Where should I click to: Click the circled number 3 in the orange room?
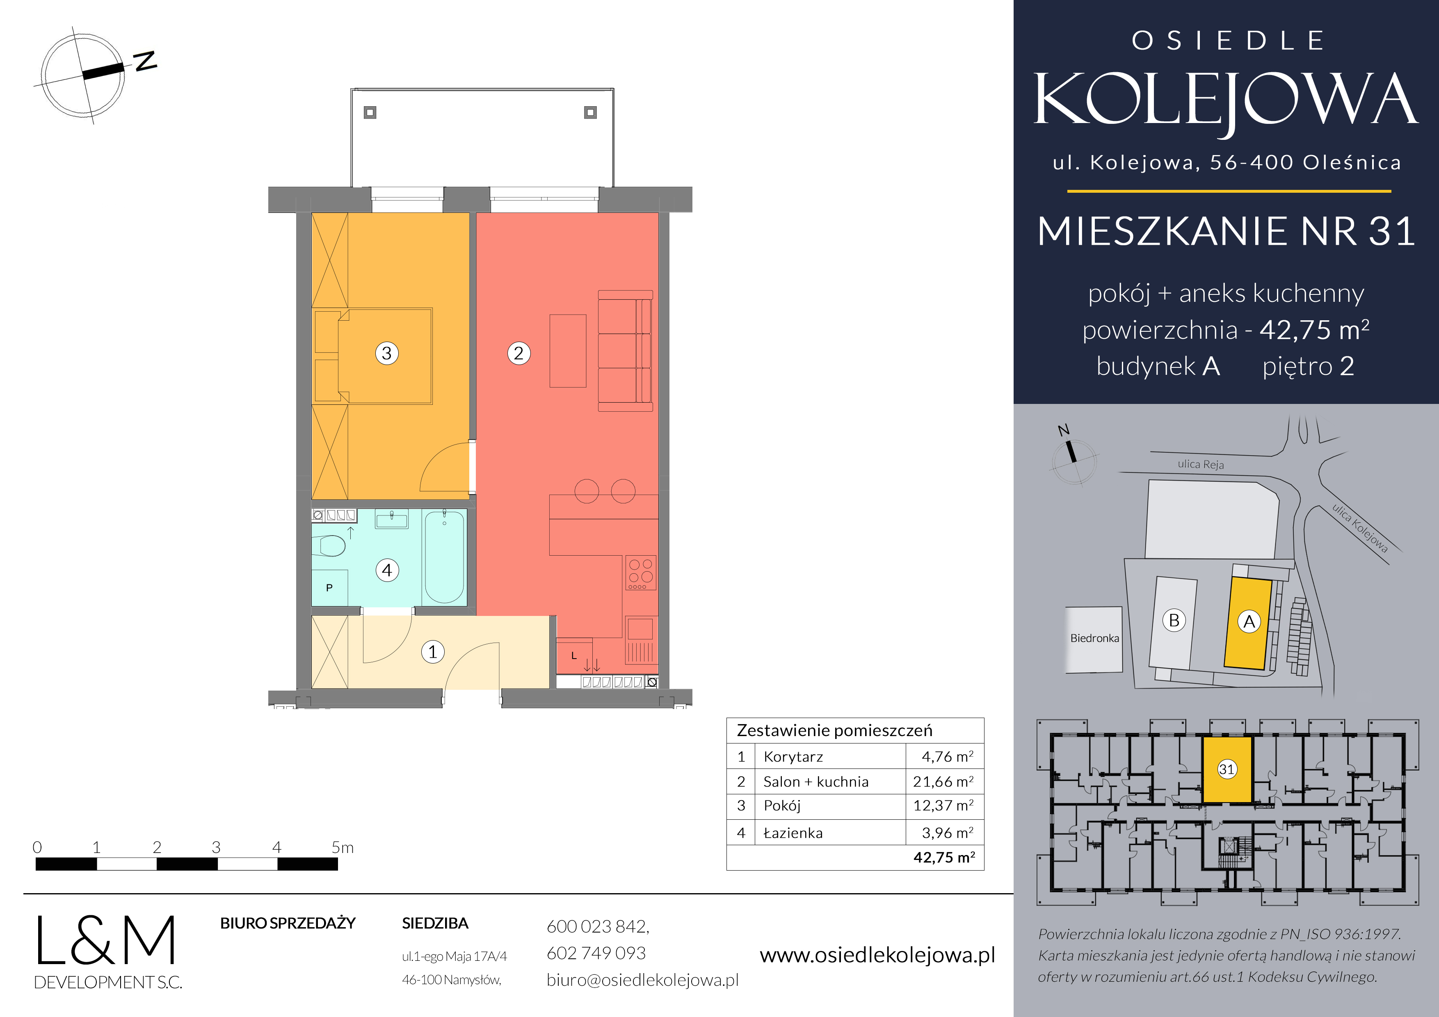tap(387, 353)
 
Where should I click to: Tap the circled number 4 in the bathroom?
tap(387, 570)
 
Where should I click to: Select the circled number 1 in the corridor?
tap(432, 652)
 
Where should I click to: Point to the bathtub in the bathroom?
tap(444, 556)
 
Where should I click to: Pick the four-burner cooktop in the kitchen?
tap(640, 573)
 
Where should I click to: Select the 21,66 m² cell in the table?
tap(943, 781)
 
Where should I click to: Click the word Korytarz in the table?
tap(793, 757)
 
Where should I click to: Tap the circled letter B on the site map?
tap(1174, 620)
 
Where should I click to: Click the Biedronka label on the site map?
tap(1094, 638)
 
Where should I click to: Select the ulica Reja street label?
tap(1200, 464)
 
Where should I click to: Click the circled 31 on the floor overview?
tap(1227, 769)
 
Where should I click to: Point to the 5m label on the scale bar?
tap(342, 848)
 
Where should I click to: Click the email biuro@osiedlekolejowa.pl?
tap(642, 980)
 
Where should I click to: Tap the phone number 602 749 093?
tap(596, 953)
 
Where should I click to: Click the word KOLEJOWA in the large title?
tap(1225, 100)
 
